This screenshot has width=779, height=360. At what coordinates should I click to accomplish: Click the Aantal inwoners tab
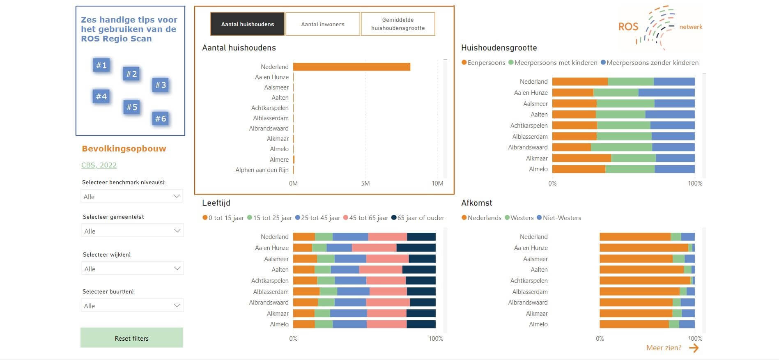323,24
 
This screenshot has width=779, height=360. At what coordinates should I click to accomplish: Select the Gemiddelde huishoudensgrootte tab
398,24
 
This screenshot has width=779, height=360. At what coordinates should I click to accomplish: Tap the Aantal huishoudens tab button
247,24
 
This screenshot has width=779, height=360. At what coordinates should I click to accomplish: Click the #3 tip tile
160,85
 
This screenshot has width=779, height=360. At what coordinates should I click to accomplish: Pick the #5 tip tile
131,107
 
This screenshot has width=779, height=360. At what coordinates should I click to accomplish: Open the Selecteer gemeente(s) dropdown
132,231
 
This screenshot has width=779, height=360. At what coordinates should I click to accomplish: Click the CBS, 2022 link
99,165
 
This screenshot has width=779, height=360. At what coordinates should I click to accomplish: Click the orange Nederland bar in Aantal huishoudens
352,67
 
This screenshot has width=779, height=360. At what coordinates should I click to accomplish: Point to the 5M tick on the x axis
365,183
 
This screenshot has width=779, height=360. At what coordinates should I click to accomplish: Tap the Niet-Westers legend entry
559,218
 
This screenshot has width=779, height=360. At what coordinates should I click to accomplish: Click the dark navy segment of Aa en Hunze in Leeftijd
416,248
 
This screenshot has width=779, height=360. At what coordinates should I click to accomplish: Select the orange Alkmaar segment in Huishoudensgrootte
581,158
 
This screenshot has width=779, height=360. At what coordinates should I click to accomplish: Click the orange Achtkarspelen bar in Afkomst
645,281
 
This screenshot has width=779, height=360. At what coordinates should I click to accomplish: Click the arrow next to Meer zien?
694,348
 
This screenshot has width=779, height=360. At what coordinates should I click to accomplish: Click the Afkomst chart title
476,203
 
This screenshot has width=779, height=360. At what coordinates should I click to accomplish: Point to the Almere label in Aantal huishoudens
279,159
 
